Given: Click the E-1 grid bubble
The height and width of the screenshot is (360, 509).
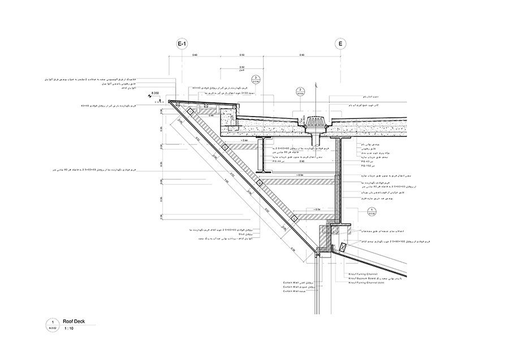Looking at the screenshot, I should coord(182,44).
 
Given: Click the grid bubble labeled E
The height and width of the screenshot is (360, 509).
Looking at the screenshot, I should coord(340,44).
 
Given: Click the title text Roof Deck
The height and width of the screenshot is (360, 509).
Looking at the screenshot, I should coord(72,320).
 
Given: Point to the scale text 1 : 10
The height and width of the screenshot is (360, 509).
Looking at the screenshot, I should coord(68,328).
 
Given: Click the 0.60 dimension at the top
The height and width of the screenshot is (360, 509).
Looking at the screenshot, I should coord(195,55).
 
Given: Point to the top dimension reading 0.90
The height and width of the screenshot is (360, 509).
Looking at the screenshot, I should coord(301,55).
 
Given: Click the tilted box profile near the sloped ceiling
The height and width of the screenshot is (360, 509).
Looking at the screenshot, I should coord(343,247).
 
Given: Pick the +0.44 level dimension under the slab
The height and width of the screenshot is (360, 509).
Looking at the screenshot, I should coord(244,139).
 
